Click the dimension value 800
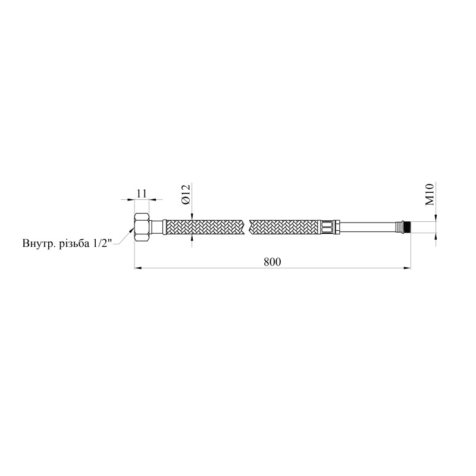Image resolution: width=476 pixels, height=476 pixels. click(x=273, y=262)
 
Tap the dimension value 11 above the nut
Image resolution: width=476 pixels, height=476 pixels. click(x=142, y=193)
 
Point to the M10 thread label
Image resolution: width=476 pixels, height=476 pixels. click(x=430, y=194)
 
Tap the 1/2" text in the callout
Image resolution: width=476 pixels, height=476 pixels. click(x=101, y=243)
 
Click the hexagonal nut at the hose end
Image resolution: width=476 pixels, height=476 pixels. click(x=142, y=227)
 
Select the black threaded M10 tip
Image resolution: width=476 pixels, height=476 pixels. click(x=407, y=227)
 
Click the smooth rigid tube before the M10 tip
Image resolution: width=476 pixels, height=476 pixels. click(x=368, y=227)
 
